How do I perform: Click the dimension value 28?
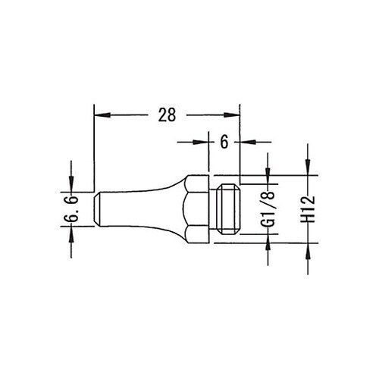tap(167, 115)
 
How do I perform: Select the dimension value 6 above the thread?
tap(224, 142)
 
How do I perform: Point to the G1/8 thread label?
tap(271, 209)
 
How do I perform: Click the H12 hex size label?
tap(308, 209)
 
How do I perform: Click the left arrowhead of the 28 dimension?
tap(102, 115)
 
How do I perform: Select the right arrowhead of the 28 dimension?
tap(231, 115)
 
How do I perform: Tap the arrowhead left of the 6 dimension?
tap(201, 142)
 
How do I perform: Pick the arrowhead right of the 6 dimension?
tap(248, 142)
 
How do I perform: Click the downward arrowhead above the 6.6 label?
tap(71, 184)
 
